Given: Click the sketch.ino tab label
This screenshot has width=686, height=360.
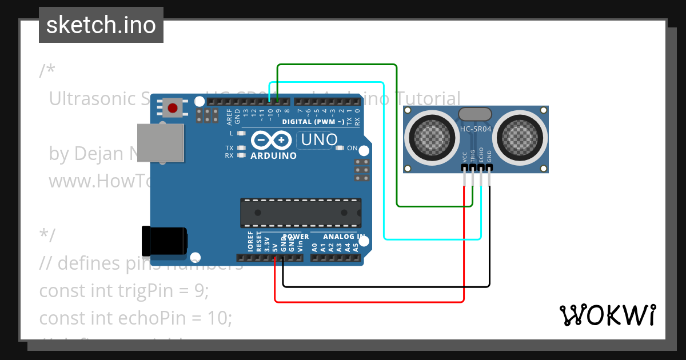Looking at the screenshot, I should pos(101,25).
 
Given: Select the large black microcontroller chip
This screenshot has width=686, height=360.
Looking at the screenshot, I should pos(300,213).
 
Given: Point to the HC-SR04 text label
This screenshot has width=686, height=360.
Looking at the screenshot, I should pos(476,130).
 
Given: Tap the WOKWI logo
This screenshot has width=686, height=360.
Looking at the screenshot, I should pos(607,315).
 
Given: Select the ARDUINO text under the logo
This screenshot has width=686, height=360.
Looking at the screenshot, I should pos(274,155).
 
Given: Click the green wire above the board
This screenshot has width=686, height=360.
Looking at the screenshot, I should pos(337,65).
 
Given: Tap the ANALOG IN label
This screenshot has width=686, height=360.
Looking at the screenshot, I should pos(344,237).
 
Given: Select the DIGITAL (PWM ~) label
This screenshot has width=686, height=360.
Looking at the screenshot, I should pos(313,121).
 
